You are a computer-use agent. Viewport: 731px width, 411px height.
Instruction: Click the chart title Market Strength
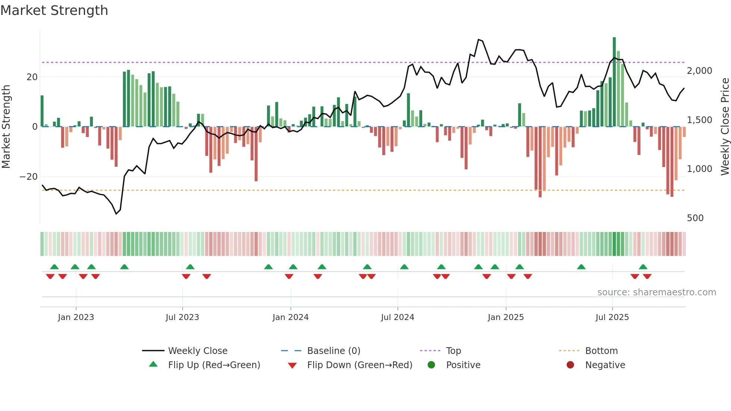tap(54, 10)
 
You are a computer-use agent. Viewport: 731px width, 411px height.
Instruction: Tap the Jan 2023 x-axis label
tap(76, 317)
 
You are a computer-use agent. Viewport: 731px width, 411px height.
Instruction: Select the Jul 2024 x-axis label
tap(398, 317)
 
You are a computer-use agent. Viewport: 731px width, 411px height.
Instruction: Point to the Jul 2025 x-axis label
tap(612, 317)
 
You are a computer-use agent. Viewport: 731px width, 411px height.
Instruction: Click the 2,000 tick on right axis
tap(699, 71)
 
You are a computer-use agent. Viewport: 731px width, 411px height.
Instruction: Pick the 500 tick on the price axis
tap(695, 218)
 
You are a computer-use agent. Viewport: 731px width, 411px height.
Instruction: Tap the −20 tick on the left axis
tap(28, 176)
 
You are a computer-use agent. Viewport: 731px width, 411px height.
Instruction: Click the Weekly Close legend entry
tap(197, 351)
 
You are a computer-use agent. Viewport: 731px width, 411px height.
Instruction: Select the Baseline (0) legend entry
tap(333, 351)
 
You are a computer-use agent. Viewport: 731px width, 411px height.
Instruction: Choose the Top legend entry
tap(453, 351)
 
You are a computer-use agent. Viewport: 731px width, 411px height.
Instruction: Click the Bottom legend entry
tap(601, 351)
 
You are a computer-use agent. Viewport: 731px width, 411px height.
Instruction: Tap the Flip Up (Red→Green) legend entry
tap(214, 365)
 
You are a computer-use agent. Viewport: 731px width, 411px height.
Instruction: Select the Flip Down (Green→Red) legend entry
tap(360, 365)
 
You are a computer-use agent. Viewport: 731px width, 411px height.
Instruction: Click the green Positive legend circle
tap(432, 365)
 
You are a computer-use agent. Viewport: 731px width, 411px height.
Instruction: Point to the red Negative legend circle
tap(570, 365)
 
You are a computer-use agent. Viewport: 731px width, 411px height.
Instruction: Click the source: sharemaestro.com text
tap(656, 292)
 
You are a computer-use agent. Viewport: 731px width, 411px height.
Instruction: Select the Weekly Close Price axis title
tap(725, 127)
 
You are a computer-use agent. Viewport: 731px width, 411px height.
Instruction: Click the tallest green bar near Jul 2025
tap(614, 82)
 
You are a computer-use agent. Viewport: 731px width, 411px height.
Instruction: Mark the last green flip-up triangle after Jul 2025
tap(643, 267)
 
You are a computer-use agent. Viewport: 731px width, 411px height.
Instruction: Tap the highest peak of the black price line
tap(479, 40)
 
